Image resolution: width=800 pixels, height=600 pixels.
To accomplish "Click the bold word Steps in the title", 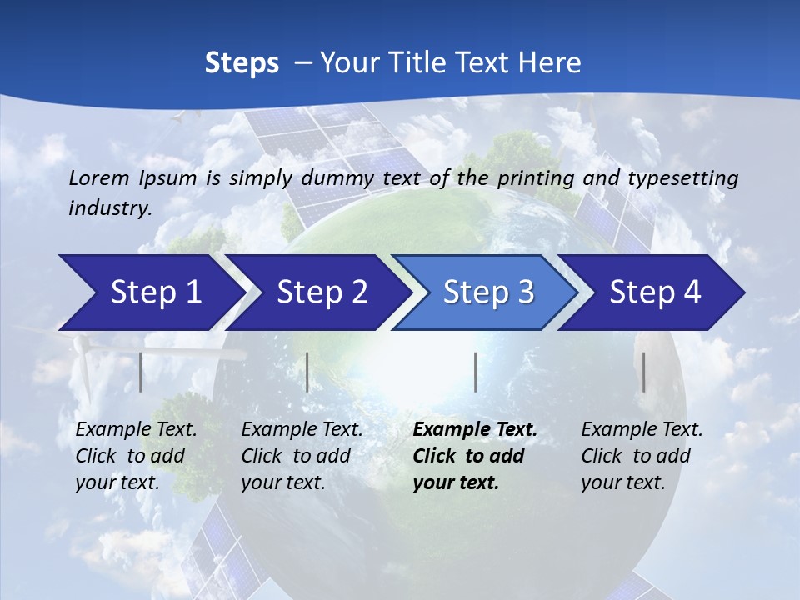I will [242, 62].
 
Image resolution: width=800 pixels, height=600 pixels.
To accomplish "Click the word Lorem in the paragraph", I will [97, 177].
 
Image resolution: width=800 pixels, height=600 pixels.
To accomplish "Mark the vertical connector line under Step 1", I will [141, 372].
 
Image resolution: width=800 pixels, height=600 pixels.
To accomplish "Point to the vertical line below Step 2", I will [307, 372].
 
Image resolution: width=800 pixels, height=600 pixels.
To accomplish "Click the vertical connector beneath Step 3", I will [475, 372].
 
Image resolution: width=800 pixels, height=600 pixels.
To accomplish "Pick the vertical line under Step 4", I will [643, 372].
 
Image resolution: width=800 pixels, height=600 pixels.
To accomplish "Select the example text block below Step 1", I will [136, 456].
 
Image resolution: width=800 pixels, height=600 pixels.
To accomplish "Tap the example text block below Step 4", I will [642, 456].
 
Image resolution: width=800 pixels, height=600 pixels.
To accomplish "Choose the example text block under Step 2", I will [302, 456].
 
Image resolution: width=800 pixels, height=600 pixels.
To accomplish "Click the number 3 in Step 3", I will [525, 292].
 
